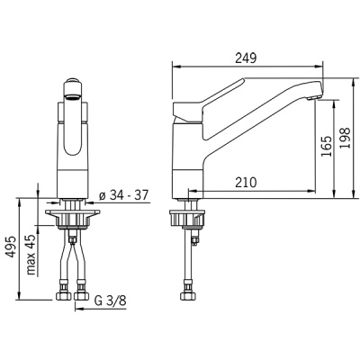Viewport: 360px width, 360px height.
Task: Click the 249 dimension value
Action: (x=246, y=58)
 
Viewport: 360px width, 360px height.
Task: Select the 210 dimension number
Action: (x=246, y=182)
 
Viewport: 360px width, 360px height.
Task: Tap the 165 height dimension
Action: (x=327, y=146)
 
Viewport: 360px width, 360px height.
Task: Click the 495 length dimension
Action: (x=11, y=247)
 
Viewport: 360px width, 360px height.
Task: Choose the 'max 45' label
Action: (x=31, y=255)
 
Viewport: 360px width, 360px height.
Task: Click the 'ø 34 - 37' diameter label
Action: (x=124, y=195)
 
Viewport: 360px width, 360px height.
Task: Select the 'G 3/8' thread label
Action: (x=110, y=301)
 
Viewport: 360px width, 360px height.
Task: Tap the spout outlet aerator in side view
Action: (x=314, y=97)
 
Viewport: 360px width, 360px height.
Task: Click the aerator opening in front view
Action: (x=73, y=96)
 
